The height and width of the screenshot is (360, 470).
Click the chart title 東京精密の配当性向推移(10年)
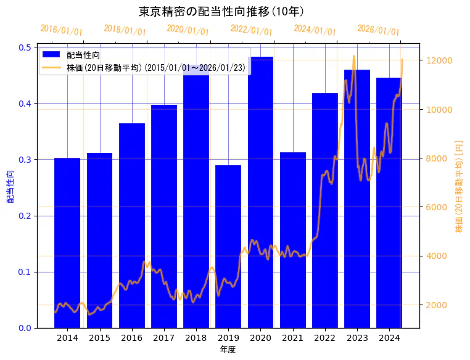pyautogui.click(x=221, y=12)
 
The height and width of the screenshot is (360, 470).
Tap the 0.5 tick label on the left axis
pyautogui.click(x=25, y=47)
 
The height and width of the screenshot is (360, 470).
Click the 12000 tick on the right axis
pyautogui.click(x=440, y=60)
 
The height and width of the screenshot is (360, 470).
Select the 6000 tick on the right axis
pyautogui.click(x=439, y=207)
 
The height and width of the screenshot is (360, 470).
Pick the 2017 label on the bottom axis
pyautogui.click(x=164, y=338)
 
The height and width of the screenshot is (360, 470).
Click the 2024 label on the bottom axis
pyautogui.click(x=389, y=338)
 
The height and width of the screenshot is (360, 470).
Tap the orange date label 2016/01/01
pyautogui.click(x=61, y=30)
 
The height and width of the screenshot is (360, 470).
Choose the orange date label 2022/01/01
pyautogui.click(x=251, y=30)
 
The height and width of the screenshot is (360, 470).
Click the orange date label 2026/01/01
pyautogui.click(x=378, y=30)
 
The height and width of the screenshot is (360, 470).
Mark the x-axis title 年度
pyautogui.click(x=228, y=350)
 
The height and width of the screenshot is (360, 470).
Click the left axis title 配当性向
pyautogui.click(x=10, y=187)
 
